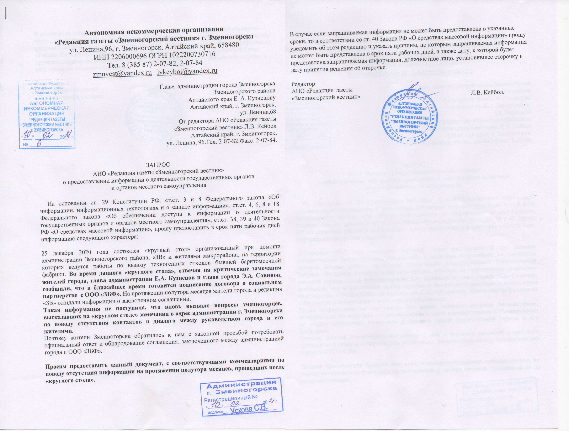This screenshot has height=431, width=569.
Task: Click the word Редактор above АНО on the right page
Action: tap(303, 84)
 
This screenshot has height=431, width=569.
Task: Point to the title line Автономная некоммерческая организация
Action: tap(154, 32)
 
